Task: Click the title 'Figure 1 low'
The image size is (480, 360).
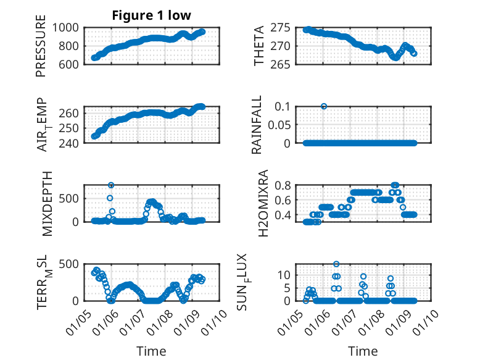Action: pos(151,15)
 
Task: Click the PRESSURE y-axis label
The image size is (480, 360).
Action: pos(41,49)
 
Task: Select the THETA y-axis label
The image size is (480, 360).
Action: pos(259,46)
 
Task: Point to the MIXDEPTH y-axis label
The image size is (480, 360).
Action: pos(48,204)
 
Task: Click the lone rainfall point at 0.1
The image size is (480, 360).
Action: pos(324,106)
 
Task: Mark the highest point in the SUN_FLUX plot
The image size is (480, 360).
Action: pos(336,264)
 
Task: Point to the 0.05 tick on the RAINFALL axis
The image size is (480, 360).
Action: pos(278,125)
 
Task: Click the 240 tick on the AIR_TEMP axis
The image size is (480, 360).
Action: pos(72,143)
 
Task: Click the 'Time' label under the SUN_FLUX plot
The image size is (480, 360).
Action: pos(363,351)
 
